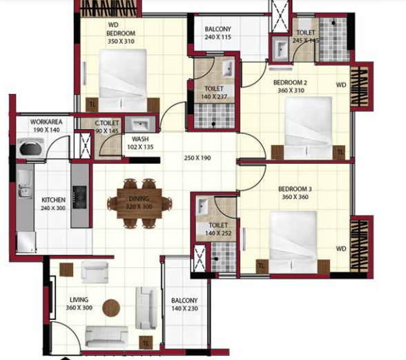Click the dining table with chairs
pos(139,202)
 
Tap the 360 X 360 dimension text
pos(296,197)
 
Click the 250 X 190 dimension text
pos(197,159)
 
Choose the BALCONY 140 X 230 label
pos(184,305)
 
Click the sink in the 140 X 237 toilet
pos(226,70)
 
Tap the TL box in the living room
pos(146,342)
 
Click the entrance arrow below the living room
pos(66,357)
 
